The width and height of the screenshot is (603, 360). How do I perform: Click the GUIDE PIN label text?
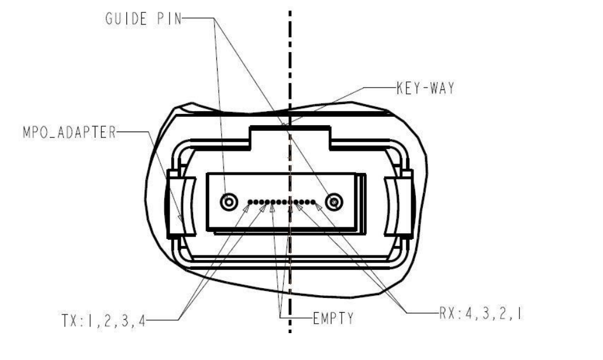(143, 19)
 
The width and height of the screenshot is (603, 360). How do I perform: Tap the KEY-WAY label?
(425, 88)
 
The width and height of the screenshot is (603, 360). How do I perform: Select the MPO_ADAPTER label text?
(69, 132)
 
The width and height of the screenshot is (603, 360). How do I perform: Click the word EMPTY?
(333, 319)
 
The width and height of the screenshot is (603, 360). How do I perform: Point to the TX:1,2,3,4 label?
(104, 320)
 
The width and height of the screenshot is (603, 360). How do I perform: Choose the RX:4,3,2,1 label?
(481, 313)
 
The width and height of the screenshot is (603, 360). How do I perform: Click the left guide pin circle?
(229, 202)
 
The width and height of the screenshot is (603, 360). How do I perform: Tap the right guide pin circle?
(334, 202)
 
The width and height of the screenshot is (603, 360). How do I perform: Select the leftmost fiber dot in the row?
(250, 202)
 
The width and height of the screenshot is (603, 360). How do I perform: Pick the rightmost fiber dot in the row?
(313, 202)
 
